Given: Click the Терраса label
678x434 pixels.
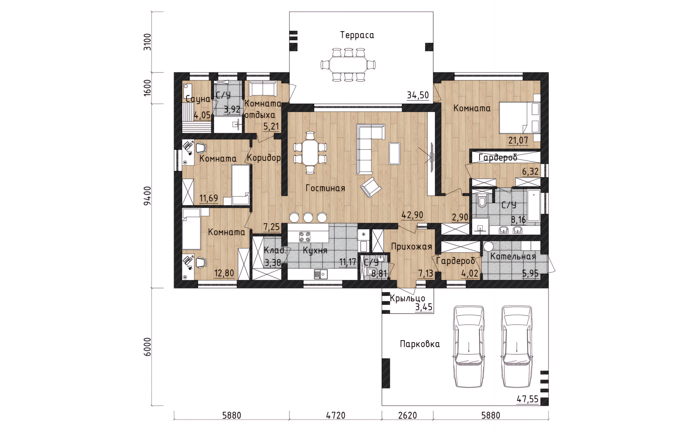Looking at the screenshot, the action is click(x=357, y=35).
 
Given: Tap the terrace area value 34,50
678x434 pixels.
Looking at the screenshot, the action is click(x=418, y=95).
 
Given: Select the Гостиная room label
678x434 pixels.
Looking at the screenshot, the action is click(x=325, y=188).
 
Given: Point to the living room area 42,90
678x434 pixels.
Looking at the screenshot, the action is click(x=412, y=215).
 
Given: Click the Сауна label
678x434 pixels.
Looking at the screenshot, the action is click(x=198, y=99).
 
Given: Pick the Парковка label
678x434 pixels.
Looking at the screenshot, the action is click(x=420, y=344).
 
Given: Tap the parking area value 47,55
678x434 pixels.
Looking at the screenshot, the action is click(x=528, y=399).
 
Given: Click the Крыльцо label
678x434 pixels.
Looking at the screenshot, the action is click(x=408, y=299).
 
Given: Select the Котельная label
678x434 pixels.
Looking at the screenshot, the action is click(x=513, y=257).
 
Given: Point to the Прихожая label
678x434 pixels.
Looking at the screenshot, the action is click(x=411, y=247).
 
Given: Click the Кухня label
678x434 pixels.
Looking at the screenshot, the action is click(x=315, y=251).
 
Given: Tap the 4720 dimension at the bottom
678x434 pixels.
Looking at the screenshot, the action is click(x=335, y=416).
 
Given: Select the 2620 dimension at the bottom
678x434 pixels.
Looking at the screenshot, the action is click(x=408, y=416).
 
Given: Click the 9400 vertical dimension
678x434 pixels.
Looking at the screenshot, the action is click(x=147, y=196).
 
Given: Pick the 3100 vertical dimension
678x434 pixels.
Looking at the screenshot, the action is click(x=147, y=42).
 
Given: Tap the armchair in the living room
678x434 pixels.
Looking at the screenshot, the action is click(x=371, y=187).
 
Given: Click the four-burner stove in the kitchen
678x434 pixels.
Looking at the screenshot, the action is click(x=305, y=236).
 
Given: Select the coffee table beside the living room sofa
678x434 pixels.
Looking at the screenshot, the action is click(x=394, y=153).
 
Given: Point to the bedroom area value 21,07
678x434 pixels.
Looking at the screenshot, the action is click(x=518, y=141).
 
